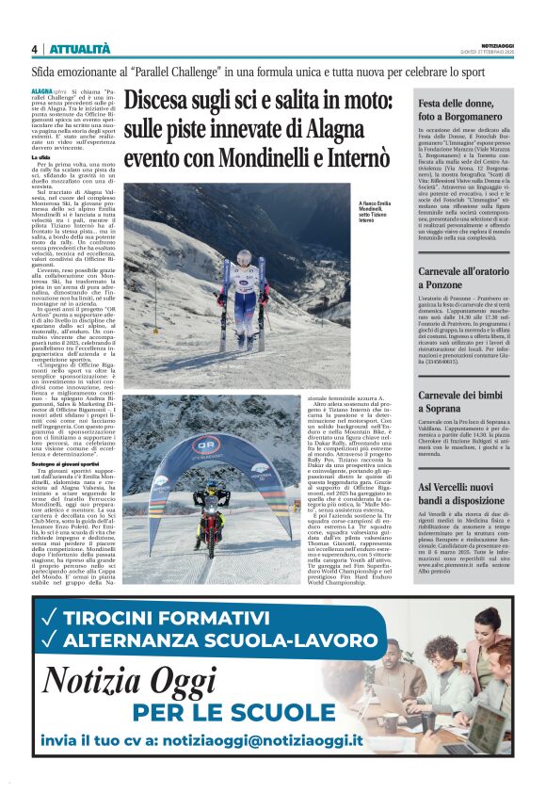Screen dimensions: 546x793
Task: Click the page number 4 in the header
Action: tap(35, 49)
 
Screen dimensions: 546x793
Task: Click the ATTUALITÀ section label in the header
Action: tap(79, 49)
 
